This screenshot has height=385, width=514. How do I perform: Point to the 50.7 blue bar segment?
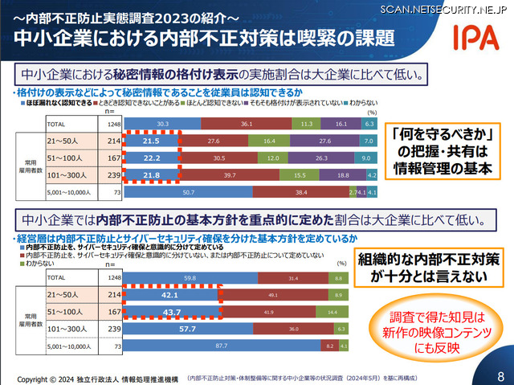click(x=189, y=193)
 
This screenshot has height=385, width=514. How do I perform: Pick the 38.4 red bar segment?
click(x=302, y=193)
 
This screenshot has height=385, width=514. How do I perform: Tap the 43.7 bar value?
click(x=172, y=311)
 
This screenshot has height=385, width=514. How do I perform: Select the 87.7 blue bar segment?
click(x=222, y=346)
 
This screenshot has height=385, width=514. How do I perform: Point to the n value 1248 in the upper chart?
click(x=114, y=125)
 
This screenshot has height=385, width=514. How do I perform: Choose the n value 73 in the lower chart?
click(x=115, y=346)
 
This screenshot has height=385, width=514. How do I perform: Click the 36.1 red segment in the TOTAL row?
click(x=247, y=125)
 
